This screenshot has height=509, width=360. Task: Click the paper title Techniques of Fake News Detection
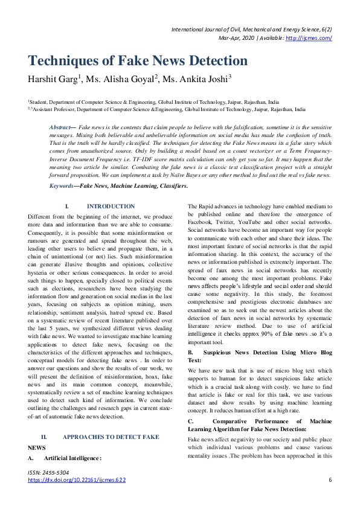(138, 61)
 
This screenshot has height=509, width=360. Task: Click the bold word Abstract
(59, 128)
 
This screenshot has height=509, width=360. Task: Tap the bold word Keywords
(61, 185)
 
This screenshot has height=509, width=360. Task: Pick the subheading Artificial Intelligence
(72, 458)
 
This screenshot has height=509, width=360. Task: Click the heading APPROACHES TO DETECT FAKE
(111, 436)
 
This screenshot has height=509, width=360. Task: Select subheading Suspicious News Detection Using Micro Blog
(268, 351)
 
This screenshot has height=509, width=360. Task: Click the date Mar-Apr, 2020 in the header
(236, 38)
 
